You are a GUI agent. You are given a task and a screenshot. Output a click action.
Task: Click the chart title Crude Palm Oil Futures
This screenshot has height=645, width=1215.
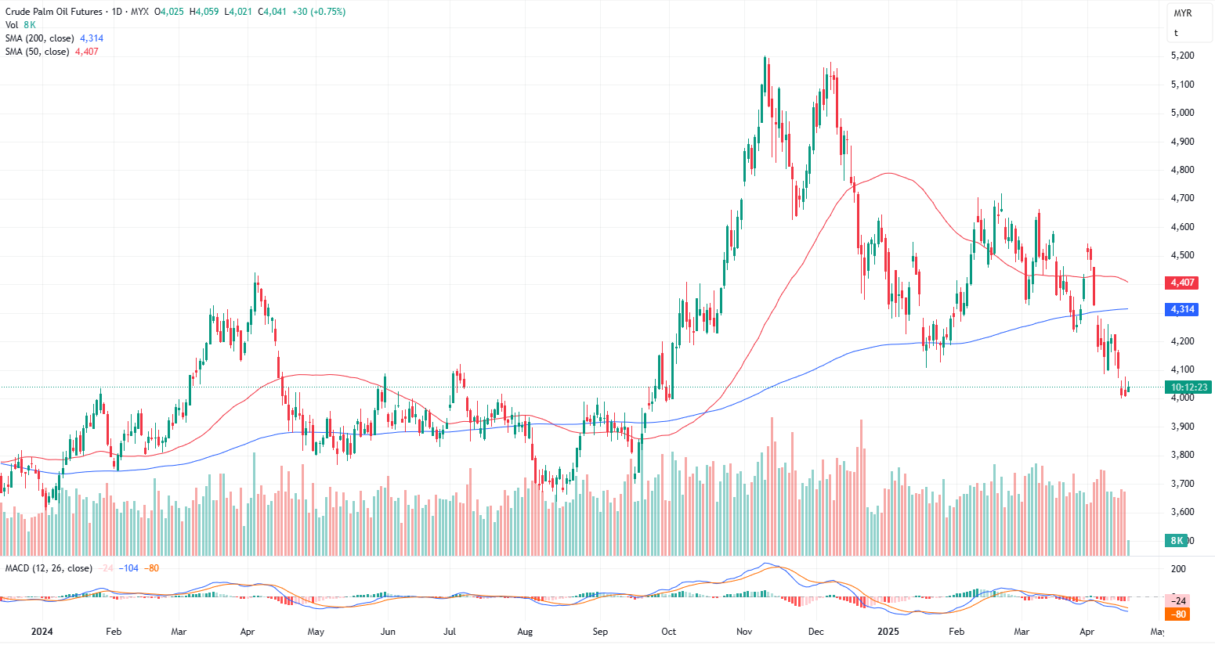tap(53, 12)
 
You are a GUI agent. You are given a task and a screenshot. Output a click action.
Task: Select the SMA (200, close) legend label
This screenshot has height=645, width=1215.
tap(40, 38)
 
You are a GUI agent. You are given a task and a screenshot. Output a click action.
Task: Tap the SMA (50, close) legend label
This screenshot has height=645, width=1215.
tap(37, 52)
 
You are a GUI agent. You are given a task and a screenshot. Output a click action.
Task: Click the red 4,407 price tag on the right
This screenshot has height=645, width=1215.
tap(1182, 283)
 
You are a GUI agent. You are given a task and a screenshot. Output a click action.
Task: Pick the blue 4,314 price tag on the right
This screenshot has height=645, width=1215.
tap(1182, 309)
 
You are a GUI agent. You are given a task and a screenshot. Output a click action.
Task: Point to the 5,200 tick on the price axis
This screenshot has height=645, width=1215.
tap(1182, 56)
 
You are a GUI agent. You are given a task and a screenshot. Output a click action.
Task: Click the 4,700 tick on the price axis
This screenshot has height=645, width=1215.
tap(1182, 198)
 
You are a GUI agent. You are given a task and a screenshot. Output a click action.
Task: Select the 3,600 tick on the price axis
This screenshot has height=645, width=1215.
tap(1182, 512)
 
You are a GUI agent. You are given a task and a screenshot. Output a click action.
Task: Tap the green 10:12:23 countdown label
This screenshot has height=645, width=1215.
tap(1188, 387)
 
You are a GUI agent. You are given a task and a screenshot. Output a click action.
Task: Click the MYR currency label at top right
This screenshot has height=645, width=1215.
tap(1182, 13)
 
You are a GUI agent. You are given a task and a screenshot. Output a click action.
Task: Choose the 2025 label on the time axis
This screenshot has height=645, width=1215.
tap(888, 632)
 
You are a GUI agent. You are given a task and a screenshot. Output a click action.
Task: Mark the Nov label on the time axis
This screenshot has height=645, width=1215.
tap(744, 632)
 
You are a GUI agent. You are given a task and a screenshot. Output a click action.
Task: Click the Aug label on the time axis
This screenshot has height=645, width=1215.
tap(525, 632)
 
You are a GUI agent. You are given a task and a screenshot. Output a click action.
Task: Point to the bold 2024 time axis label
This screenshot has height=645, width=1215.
tap(42, 632)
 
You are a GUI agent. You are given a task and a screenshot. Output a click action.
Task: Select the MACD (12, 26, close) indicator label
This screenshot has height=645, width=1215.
tap(49, 568)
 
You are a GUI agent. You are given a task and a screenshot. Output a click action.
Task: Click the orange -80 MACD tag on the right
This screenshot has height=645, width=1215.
tap(1179, 614)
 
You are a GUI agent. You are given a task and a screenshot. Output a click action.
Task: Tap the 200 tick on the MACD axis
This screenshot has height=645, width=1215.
tap(1178, 569)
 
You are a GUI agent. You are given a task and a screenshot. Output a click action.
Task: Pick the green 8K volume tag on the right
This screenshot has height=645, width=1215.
tap(1177, 541)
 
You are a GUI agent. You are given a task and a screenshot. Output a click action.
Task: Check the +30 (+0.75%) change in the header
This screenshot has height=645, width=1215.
tap(318, 12)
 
